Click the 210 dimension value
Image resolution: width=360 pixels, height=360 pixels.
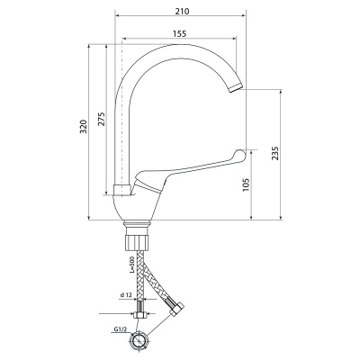tap(182, 12)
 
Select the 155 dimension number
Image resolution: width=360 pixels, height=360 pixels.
tap(179, 33)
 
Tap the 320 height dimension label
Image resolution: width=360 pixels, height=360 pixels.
tap(85, 127)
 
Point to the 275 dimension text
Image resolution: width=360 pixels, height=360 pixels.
tap(102, 119)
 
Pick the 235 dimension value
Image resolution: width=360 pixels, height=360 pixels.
tap(275, 153)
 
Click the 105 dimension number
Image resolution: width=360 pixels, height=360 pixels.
tap(246, 185)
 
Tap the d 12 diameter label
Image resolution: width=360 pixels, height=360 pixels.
tap(126, 295)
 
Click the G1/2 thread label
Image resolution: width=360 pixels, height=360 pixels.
tap(121, 329)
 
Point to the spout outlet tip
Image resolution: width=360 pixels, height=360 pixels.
tap(236, 88)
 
